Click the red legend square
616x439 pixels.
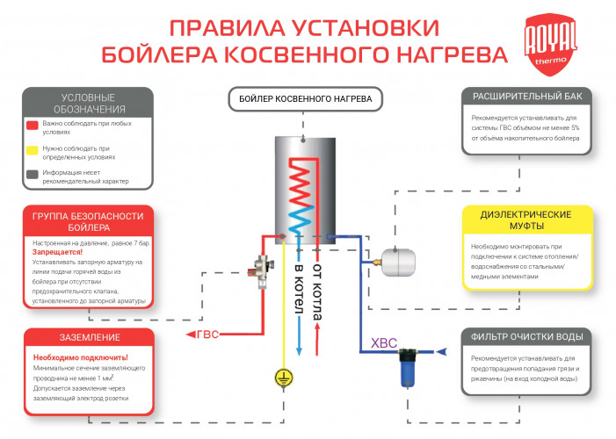(x=33, y=126)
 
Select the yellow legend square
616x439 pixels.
(x=33, y=149)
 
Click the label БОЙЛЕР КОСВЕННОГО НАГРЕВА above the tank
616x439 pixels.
(x=302, y=99)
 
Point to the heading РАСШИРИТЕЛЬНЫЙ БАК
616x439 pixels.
(x=526, y=96)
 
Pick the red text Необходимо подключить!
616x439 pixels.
(x=80, y=357)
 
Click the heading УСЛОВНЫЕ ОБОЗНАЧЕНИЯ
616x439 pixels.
(x=87, y=102)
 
